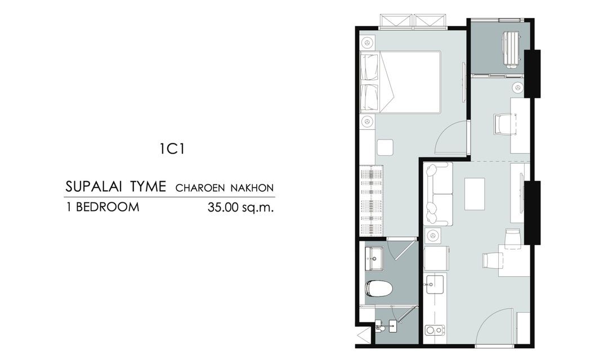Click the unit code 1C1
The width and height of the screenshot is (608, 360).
172,149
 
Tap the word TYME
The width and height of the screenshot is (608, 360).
147,187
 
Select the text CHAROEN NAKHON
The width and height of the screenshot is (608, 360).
225,188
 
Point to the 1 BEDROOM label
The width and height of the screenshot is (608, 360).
102,207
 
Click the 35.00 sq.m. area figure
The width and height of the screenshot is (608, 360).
241,208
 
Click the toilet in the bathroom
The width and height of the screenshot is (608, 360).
379,289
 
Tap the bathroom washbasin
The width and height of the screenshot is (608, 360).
374,259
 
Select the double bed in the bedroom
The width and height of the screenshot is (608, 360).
401,82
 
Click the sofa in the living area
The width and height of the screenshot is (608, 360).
438,193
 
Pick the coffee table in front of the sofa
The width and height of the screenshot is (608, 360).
475,193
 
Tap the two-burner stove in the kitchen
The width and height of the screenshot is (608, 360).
435,330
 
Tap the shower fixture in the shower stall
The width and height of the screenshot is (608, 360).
386,326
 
